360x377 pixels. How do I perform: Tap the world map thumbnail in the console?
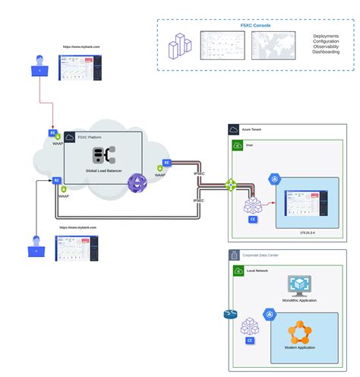coord(270,46)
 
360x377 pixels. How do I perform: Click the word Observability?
coord(326,46)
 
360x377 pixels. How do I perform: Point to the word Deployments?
coord(326,35)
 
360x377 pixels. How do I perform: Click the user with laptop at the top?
coord(37,67)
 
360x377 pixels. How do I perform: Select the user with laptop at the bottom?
coord(36,246)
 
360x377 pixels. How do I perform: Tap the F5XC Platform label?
coord(90,137)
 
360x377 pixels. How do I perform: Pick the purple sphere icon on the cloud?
coord(136,182)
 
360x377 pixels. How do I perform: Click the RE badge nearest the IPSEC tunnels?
coord(166,163)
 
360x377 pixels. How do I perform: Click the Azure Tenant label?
coord(252,129)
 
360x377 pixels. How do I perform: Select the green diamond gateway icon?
coord(231,185)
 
